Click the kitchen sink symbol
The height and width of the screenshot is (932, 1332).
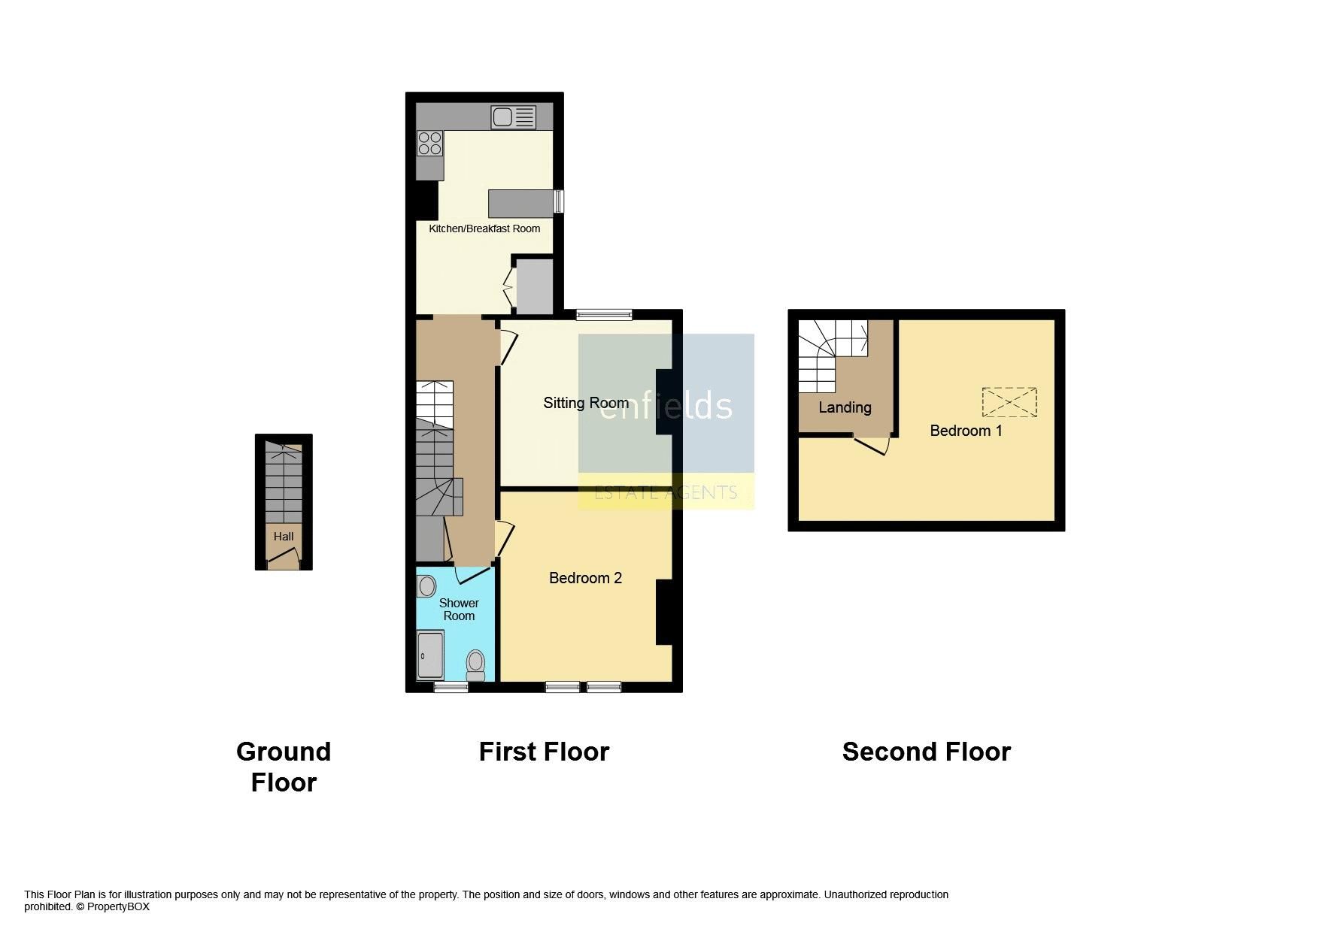click(513, 116)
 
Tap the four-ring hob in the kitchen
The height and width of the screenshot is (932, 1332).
click(429, 144)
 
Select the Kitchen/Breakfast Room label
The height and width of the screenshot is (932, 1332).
click(484, 228)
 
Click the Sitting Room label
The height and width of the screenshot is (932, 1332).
click(586, 403)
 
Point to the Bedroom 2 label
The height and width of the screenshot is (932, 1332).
click(585, 578)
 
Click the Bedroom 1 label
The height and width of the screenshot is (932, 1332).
click(966, 431)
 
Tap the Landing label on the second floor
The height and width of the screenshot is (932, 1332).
click(845, 407)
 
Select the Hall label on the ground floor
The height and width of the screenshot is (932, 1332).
click(284, 537)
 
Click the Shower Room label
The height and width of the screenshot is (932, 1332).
click(459, 610)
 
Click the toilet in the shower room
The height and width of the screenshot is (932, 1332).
click(475, 664)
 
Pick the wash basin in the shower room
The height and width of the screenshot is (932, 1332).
click(426, 586)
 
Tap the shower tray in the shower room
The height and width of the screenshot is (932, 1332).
click(430, 655)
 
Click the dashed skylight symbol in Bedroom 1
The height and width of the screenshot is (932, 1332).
click(1009, 402)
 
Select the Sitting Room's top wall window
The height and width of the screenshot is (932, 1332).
click(604, 315)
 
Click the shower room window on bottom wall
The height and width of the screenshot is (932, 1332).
click(451, 687)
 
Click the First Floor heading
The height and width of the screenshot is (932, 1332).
click(544, 752)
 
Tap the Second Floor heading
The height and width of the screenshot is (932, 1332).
click(926, 752)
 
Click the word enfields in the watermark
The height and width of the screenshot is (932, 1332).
click(666, 406)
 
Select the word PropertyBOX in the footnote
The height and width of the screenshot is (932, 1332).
click(118, 907)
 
